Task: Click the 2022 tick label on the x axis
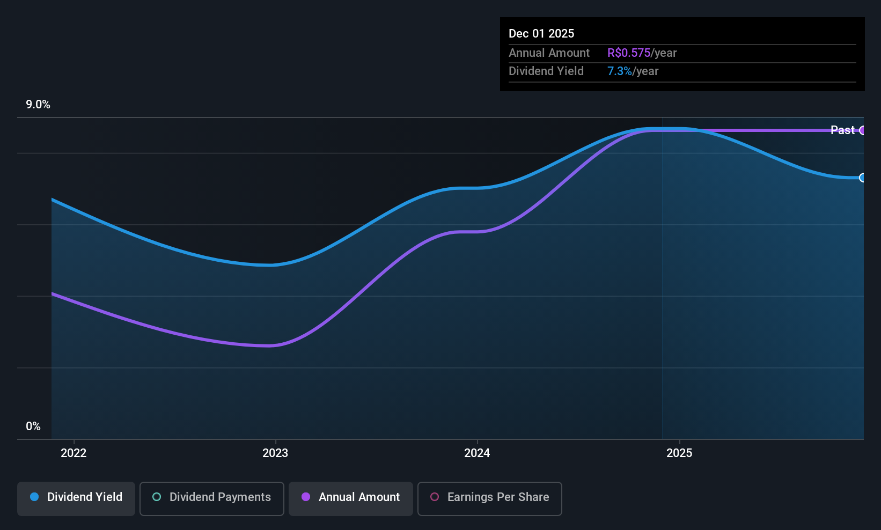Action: (x=74, y=453)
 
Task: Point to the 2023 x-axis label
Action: (x=275, y=453)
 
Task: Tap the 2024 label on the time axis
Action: (x=477, y=453)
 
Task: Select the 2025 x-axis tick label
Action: (x=679, y=453)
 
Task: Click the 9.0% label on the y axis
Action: (x=38, y=105)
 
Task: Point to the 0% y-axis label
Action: (x=33, y=426)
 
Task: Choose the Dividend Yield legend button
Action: (x=76, y=498)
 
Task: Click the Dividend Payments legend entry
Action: (x=211, y=498)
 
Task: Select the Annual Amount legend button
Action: (x=351, y=498)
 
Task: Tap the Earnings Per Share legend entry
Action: (x=490, y=498)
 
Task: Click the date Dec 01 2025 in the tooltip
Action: (x=541, y=34)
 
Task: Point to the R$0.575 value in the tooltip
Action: (x=628, y=53)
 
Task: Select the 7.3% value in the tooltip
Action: (x=620, y=71)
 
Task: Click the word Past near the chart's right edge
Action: (x=842, y=130)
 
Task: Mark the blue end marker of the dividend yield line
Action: (x=862, y=178)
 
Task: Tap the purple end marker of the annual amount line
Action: (x=862, y=130)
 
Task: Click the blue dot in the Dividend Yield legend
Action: (x=35, y=497)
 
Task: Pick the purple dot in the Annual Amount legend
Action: (x=306, y=497)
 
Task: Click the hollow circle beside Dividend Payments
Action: (x=157, y=497)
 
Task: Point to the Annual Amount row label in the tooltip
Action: (x=549, y=53)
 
